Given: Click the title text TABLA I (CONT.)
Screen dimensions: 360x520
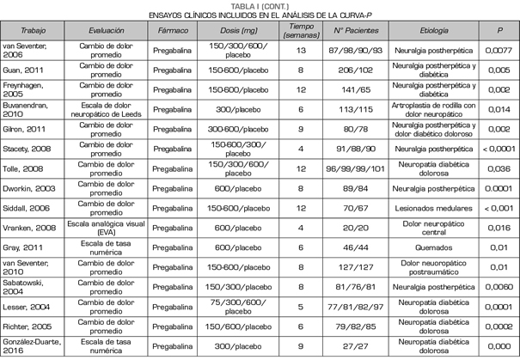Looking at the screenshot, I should (x=260, y=5).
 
